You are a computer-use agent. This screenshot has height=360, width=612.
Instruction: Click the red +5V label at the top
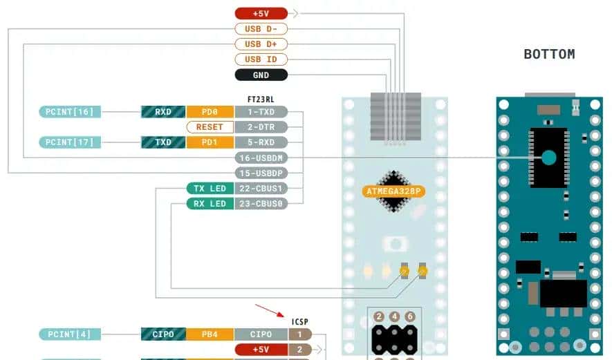(x=261, y=13)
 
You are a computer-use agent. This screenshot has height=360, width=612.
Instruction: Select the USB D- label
(x=261, y=29)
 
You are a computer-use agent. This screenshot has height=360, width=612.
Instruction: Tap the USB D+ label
(x=261, y=44)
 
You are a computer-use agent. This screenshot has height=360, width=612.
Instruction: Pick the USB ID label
(x=261, y=59)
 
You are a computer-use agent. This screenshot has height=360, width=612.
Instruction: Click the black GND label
(x=261, y=75)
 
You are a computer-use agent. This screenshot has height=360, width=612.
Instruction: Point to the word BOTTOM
(x=549, y=54)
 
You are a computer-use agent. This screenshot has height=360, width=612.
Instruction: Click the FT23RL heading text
(x=266, y=100)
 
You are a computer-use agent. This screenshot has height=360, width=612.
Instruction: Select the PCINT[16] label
(x=69, y=111)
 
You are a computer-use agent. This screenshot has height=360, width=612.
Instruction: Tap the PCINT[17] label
(x=69, y=142)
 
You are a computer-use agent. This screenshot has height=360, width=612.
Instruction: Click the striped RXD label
(x=163, y=111)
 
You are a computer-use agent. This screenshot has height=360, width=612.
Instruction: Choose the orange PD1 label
(x=210, y=142)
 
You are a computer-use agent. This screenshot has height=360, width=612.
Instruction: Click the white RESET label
(x=210, y=127)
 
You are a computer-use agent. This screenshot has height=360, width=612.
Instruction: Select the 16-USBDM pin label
(x=261, y=158)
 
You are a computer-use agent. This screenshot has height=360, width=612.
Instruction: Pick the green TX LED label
(x=210, y=188)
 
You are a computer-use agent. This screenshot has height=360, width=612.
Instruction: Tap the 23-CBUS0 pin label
(x=261, y=203)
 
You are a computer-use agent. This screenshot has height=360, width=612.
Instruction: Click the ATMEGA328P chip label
(x=393, y=190)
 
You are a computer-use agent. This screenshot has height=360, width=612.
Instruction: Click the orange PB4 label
(x=210, y=334)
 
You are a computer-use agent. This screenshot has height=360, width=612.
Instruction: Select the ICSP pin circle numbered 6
(x=411, y=316)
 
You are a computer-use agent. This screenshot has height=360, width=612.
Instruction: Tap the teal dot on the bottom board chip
(x=548, y=158)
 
